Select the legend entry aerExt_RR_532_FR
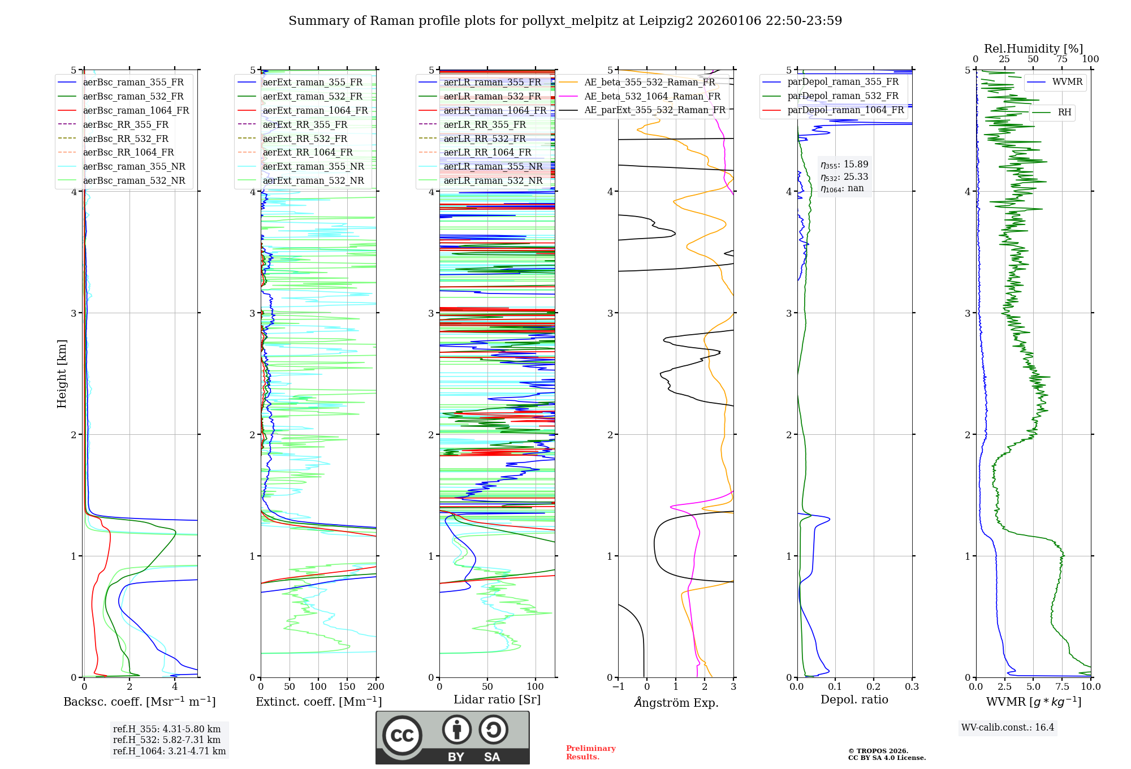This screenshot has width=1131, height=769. point(305,139)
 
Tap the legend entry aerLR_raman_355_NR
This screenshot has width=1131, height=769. point(493,167)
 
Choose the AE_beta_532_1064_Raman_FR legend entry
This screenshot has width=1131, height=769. point(652,97)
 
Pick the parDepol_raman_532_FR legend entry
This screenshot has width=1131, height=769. point(843,96)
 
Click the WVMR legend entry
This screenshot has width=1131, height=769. point(1067,83)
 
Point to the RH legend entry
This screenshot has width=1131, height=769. point(1064,113)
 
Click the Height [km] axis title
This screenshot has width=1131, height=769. point(62,374)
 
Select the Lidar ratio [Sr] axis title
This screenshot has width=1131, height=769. point(497,700)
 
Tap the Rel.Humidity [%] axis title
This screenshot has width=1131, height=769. point(1033,49)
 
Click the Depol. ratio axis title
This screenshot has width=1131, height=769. point(854,700)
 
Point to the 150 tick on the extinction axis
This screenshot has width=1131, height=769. point(347,687)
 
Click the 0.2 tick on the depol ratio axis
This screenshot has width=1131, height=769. point(874,687)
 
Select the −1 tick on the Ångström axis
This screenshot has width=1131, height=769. point(618,687)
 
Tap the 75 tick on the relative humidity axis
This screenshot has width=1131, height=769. point(1062,59)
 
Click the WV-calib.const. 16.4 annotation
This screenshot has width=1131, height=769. point(1008,728)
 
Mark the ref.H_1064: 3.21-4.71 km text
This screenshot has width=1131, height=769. point(169,751)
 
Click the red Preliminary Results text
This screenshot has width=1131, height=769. point(590,753)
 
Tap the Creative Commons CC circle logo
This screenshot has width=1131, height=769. point(402,736)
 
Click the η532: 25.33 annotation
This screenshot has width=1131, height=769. point(844,177)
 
